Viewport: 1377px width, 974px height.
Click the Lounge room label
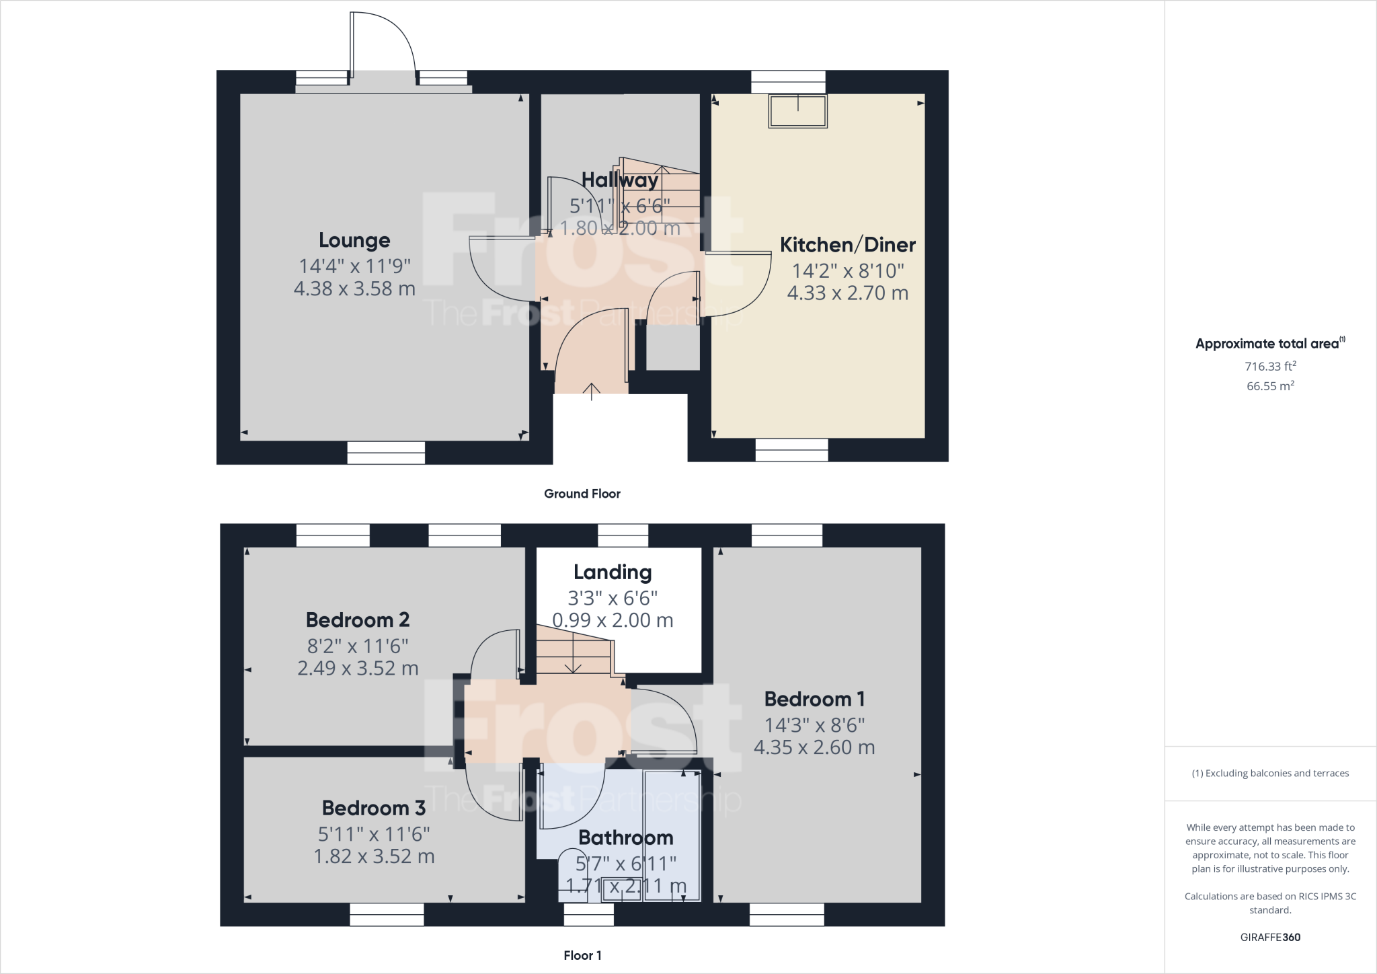354,240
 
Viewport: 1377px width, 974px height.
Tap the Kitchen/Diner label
847,245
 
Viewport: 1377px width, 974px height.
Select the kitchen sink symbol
798,111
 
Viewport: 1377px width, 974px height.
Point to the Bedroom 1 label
814,700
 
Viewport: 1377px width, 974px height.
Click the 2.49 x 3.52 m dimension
358,669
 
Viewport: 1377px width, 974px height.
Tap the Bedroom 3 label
374,808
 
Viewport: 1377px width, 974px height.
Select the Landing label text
613,572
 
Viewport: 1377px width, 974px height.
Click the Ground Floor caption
582,494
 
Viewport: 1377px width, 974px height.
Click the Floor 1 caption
582,955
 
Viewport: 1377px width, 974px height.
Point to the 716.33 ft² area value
1270,367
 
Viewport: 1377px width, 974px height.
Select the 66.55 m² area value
1270,386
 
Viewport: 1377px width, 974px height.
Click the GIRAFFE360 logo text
1270,937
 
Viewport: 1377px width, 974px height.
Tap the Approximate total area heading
1269,344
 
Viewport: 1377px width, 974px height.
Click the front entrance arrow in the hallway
591,391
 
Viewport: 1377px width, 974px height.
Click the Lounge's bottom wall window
386,453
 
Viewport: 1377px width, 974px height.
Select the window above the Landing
623,535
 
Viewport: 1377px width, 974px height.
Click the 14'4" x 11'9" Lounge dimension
354,266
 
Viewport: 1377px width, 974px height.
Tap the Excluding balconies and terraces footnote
1270,774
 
